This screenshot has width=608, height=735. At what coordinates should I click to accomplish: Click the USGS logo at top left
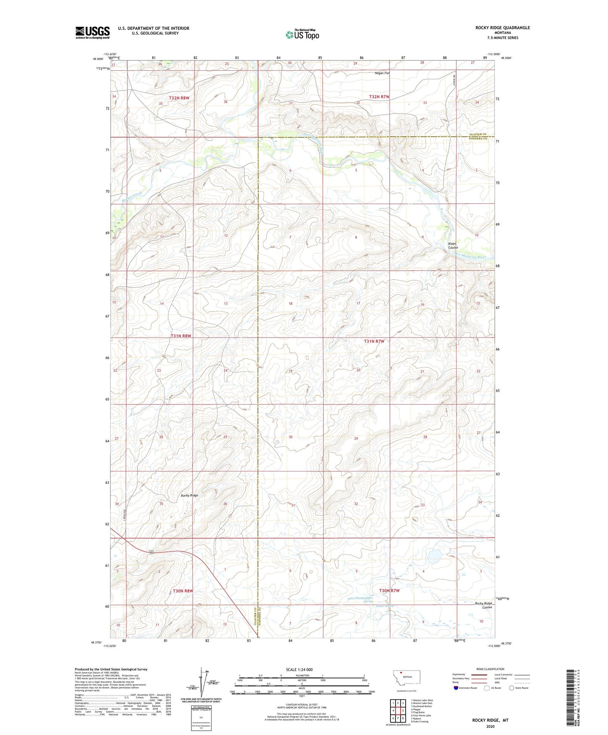click(x=93, y=32)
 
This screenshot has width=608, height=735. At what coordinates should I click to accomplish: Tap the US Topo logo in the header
click(x=302, y=35)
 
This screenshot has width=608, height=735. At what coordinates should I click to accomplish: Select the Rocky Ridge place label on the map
click(x=189, y=495)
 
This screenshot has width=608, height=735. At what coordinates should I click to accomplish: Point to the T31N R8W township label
click(x=181, y=336)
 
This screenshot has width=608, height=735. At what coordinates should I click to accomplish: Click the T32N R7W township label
click(x=379, y=97)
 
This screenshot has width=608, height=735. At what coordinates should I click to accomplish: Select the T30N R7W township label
click(x=389, y=591)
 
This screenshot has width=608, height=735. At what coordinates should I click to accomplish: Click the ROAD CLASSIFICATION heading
click(x=490, y=669)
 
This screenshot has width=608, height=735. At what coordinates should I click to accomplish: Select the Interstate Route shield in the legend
click(x=456, y=688)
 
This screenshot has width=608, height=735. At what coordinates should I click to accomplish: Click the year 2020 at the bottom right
click(x=490, y=726)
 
